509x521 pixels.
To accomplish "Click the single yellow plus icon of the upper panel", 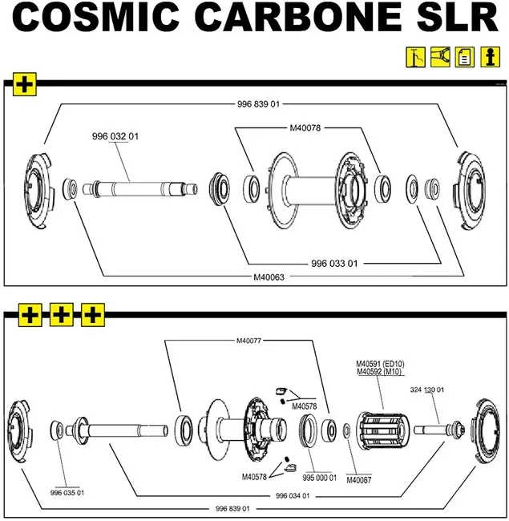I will pos(25,84).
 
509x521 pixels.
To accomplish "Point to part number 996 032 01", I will pos(115,136).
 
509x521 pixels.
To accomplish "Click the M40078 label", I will pos(305,127).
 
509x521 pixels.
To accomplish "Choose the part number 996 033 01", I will pos(334,263).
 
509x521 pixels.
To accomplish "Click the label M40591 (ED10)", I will pos(381,363).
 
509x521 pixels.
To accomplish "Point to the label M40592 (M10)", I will pos(380,371).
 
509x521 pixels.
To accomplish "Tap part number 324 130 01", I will pos(426,390).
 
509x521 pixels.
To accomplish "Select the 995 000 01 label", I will pos(319,477).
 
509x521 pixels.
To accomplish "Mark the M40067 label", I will pos(361,480).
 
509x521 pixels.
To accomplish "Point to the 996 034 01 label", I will pos(293,495).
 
